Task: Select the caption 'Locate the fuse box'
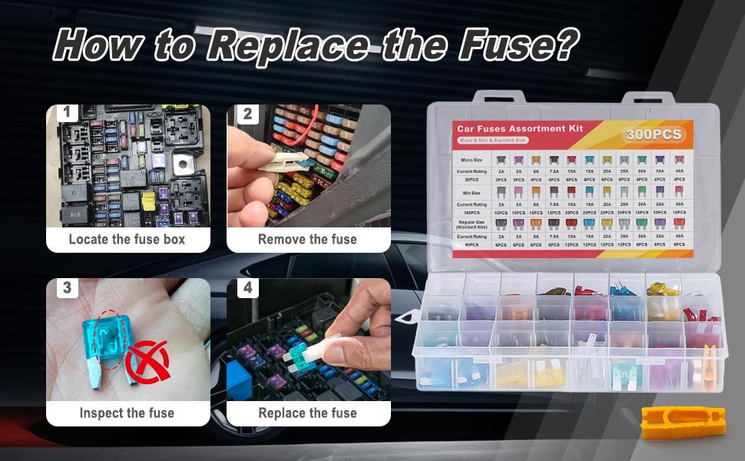(x=127, y=239)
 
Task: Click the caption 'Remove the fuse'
(x=307, y=239)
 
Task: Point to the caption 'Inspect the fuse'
(x=127, y=413)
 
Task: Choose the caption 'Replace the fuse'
(x=307, y=413)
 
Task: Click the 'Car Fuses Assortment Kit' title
(x=520, y=128)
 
